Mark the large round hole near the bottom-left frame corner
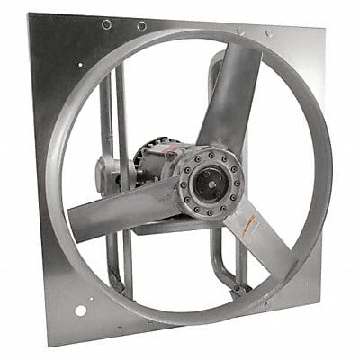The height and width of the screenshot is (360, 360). click(80, 310)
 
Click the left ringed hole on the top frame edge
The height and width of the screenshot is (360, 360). click(107, 24)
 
